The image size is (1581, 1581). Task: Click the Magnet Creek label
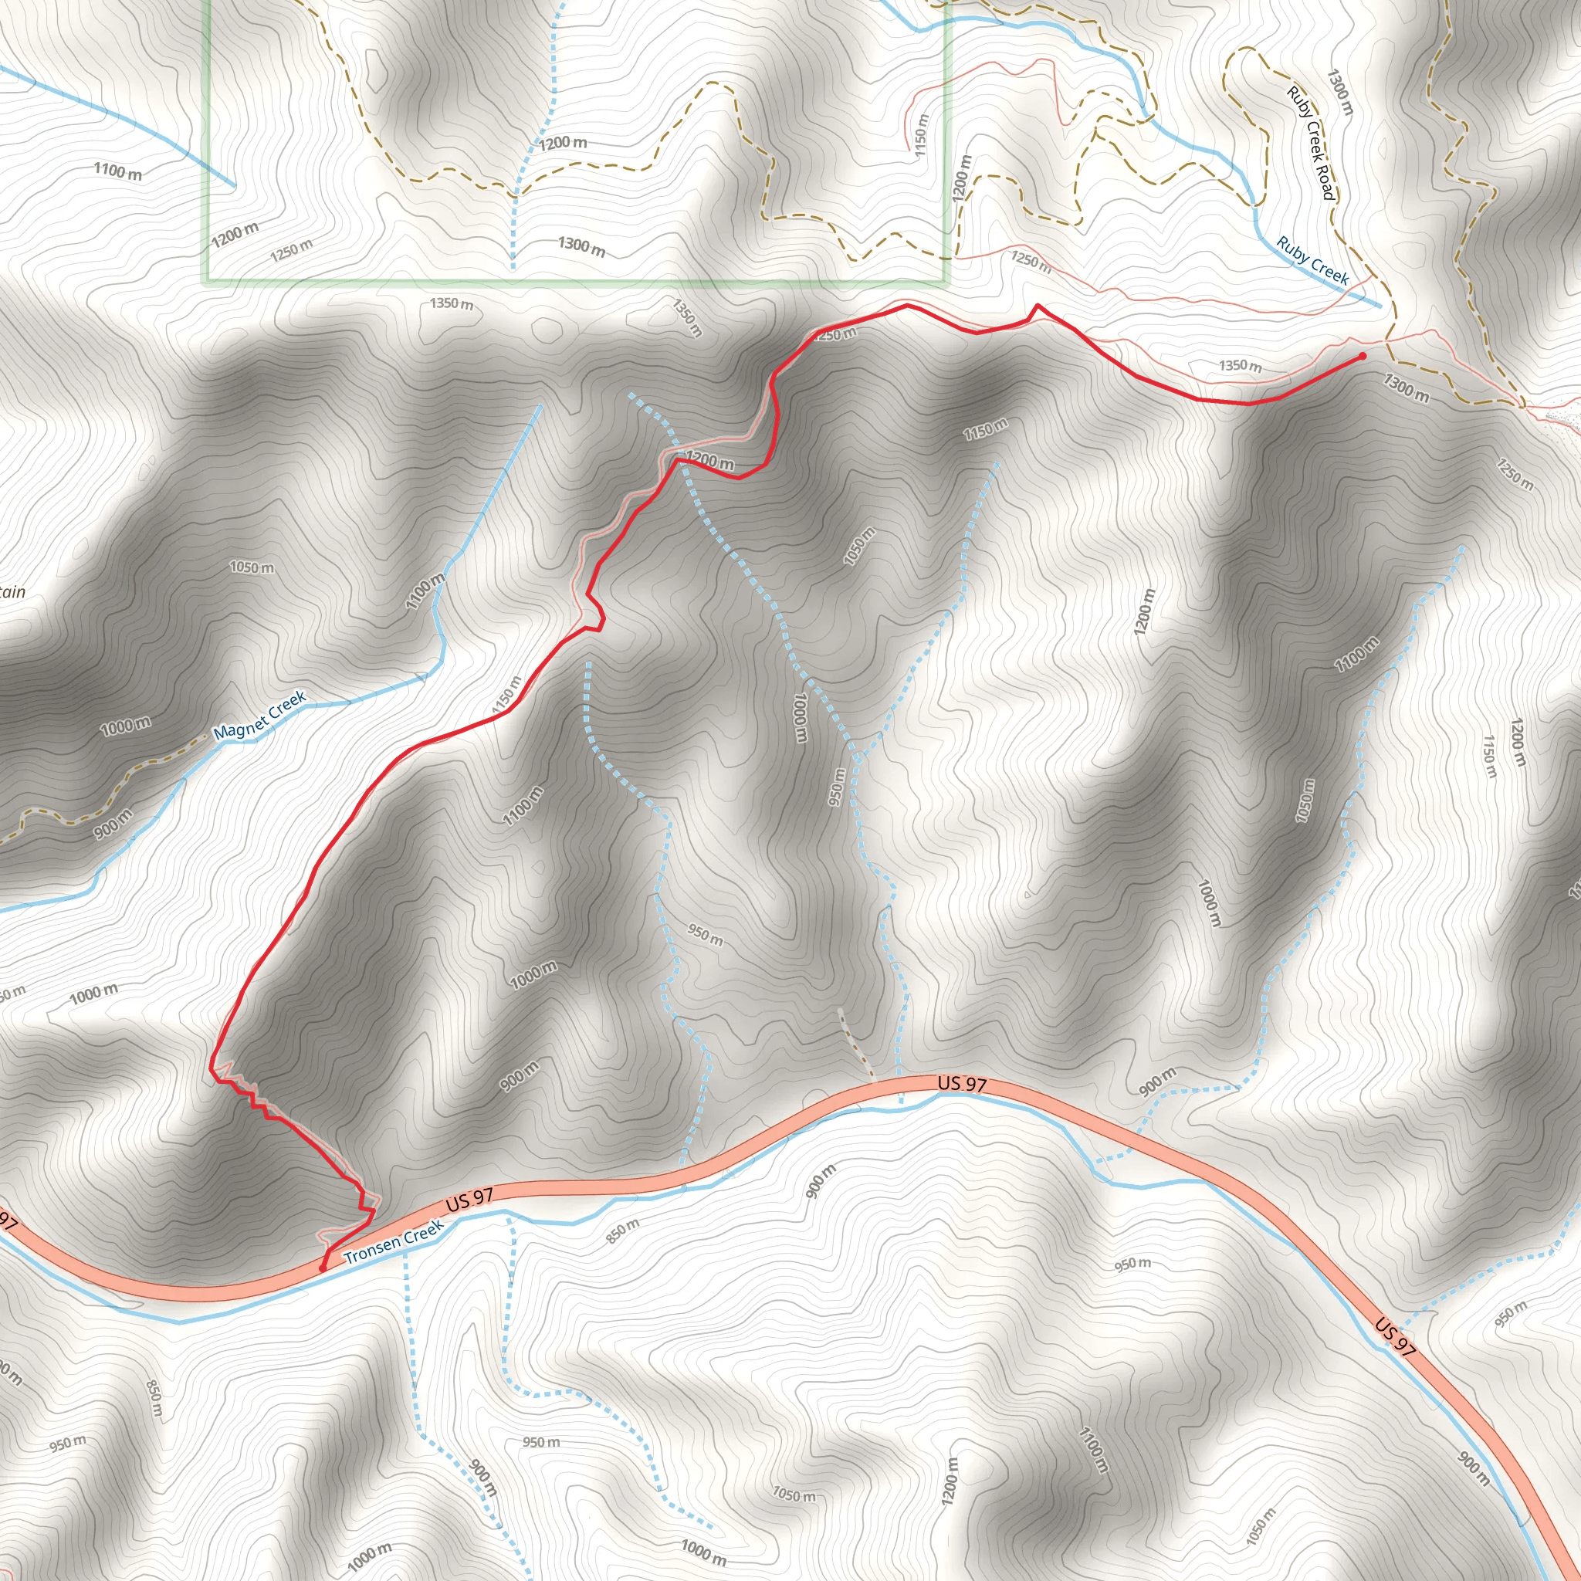pyautogui.click(x=259, y=715)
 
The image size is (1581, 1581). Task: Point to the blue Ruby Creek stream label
pyautogui.click(x=1312, y=260)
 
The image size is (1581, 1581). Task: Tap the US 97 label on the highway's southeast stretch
pyautogui.click(x=1394, y=1337)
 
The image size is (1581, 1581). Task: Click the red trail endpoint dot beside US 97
pyautogui.click(x=323, y=1268)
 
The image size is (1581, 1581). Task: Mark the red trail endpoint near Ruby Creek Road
pyautogui.click(x=1362, y=357)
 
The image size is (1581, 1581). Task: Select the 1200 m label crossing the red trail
pyautogui.click(x=709, y=461)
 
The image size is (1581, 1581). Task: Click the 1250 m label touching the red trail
pyautogui.click(x=835, y=333)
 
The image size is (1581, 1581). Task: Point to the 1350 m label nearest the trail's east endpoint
pyautogui.click(x=1240, y=365)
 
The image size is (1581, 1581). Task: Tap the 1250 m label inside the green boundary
pyautogui.click(x=290, y=249)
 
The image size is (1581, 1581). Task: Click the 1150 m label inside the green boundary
pyautogui.click(x=922, y=135)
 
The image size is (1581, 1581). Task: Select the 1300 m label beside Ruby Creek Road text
pyautogui.click(x=1340, y=92)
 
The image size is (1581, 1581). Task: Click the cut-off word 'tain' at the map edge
pyautogui.click(x=12, y=591)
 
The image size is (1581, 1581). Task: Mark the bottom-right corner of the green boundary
pyautogui.click(x=946, y=282)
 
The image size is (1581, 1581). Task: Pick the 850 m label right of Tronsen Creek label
pyautogui.click(x=623, y=1231)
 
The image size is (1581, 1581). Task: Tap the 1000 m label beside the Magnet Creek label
pyautogui.click(x=125, y=726)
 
